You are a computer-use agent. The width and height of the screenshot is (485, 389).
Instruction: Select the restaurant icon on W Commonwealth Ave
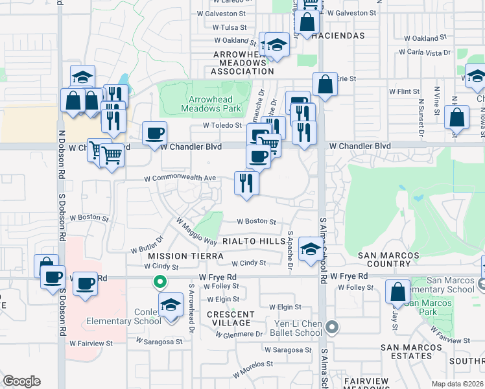(246, 183)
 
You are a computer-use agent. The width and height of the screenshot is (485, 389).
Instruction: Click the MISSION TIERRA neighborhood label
(176, 256)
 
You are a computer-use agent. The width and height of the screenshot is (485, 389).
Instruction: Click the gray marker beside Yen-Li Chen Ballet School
(332, 327)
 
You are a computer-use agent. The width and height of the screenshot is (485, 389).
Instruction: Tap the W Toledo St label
(222, 126)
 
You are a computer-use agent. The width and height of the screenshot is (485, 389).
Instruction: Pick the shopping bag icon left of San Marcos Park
(397, 292)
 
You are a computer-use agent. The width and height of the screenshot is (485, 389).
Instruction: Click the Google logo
(21, 381)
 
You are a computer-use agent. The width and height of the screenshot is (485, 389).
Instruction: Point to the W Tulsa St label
(225, 28)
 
